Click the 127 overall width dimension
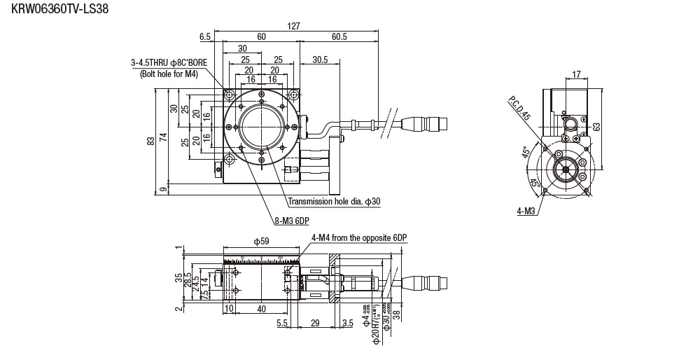click(294, 26)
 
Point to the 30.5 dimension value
click(321, 60)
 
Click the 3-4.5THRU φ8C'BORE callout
click(169, 62)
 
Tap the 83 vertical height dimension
click(150, 141)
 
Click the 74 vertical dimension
click(163, 137)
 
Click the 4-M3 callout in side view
click(527, 210)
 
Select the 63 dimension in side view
click(596, 127)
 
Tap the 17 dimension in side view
click(576, 74)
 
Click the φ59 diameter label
click(260, 242)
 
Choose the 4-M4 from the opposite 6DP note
click(359, 237)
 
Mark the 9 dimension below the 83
click(163, 188)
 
